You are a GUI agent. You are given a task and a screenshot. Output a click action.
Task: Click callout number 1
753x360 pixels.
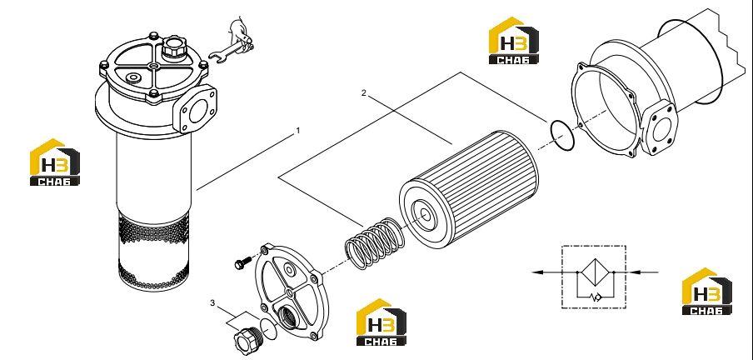[297, 130]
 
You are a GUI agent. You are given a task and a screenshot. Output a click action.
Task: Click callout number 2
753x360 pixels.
[363, 93]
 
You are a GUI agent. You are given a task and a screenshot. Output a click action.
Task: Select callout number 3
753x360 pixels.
[212, 302]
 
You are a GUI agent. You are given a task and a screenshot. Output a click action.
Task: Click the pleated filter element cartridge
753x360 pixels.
[469, 190]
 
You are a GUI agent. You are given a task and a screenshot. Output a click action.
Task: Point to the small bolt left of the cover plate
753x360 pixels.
[242, 262]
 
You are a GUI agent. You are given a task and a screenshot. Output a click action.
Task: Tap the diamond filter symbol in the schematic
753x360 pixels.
[595, 272]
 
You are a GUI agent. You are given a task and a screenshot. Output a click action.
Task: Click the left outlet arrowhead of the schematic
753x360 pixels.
[538, 272]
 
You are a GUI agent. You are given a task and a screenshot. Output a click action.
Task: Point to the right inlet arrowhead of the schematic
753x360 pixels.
[634, 272]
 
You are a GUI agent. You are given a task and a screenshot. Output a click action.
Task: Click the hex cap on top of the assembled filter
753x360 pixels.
[173, 48]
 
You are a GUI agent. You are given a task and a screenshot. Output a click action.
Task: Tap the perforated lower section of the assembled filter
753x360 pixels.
[153, 251]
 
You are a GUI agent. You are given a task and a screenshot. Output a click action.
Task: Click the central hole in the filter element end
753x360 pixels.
[424, 213]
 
